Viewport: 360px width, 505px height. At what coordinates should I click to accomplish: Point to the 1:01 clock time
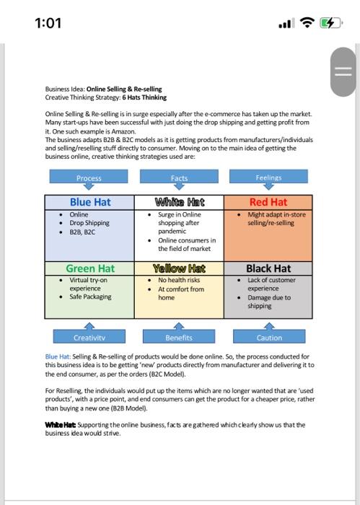pyautogui.click(x=48, y=23)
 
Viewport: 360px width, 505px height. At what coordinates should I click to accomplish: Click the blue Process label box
pyautogui.click(x=89, y=177)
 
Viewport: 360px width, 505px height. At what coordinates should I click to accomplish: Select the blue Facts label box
pyautogui.click(x=179, y=177)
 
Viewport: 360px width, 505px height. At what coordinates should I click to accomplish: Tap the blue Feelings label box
pyautogui.click(x=268, y=177)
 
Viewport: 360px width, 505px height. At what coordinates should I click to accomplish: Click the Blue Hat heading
pyautogui.click(x=89, y=202)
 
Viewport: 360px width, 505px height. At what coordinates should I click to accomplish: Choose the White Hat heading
pyautogui.click(x=179, y=202)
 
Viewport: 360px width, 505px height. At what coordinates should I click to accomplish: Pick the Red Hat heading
pyautogui.click(x=268, y=202)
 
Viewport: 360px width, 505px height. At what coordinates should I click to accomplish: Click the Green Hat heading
pyautogui.click(x=90, y=268)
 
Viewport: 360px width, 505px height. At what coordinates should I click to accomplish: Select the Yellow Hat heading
pyautogui.click(x=179, y=268)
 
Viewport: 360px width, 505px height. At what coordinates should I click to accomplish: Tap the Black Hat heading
pyautogui.click(x=268, y=268)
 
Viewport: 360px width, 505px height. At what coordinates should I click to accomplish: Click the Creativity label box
pyautogui.click(x=89, y=337)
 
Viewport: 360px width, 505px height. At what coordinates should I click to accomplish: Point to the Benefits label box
pyautogui.click(x=179, y=337)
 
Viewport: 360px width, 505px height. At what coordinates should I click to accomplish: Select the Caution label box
pyautogui.click(x=269, y=337)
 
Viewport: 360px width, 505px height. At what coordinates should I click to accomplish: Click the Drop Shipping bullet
pyautogui.click(x=89, y=224)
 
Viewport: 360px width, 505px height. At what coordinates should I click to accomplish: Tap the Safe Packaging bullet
pyautogui.click(x=90, y=297)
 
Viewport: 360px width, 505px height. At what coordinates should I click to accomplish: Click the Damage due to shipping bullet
pyautogui.click(x=269, y=301)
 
